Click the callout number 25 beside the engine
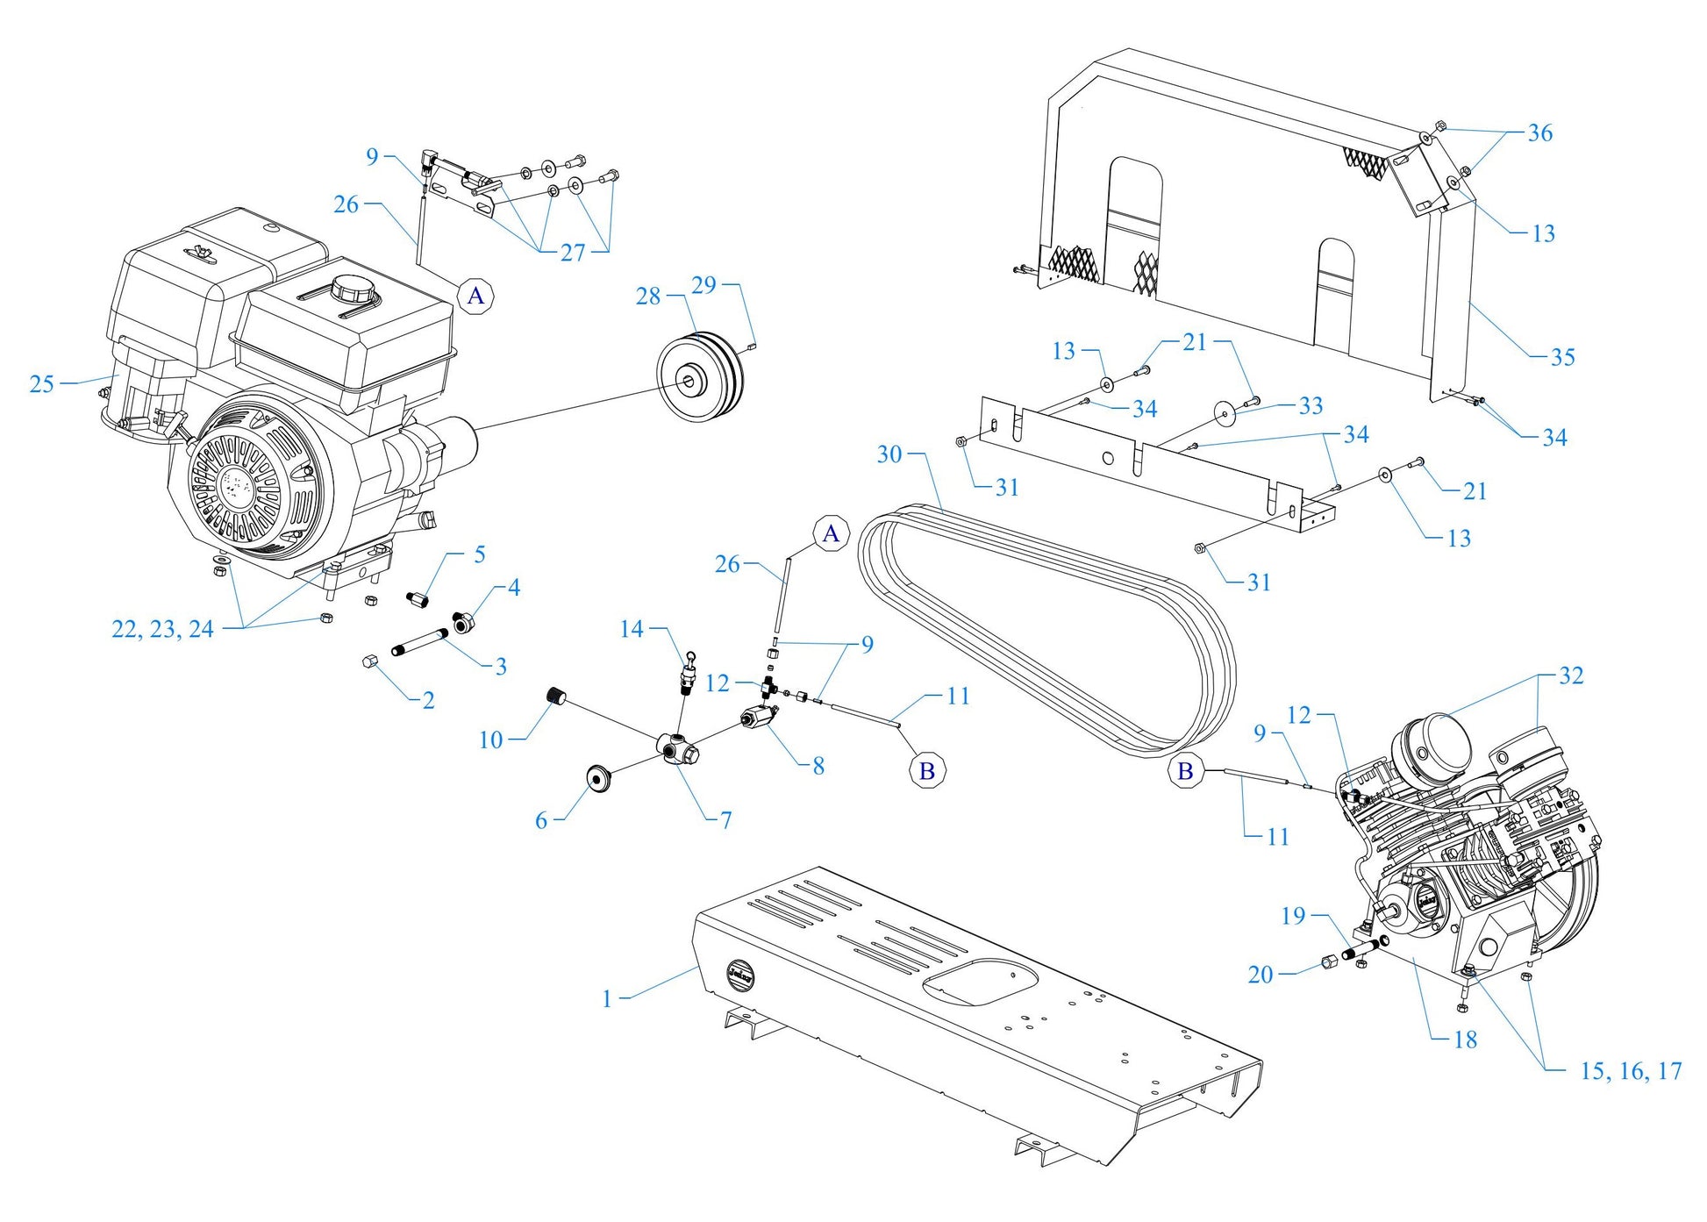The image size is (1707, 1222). [41, 384]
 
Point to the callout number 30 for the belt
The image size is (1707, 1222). [889, 454]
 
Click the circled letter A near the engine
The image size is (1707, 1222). [475, 296]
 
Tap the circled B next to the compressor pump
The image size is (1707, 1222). [1185, 771]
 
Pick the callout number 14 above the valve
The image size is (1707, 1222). [632, 629]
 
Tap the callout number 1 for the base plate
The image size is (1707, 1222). [607, 999]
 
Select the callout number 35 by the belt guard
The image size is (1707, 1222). [1562, 357]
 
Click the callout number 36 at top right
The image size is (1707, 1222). [1539, 133]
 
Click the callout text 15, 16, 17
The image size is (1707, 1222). [1631, 1071]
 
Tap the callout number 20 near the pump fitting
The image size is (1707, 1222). [1261, 975]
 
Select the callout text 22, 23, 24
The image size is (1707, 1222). [162, 629]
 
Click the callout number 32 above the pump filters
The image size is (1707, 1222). [1570, 675]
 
